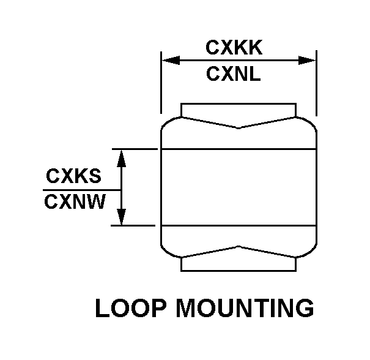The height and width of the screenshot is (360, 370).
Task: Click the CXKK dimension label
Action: (234, 47)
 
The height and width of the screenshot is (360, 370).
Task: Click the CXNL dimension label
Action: (234, 75)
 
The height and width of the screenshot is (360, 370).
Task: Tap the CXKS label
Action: (73, 176)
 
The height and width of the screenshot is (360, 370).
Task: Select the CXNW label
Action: (75, 202)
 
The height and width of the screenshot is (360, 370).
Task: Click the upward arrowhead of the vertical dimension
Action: (122, 156)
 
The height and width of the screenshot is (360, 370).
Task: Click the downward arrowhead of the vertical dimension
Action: (122, 217)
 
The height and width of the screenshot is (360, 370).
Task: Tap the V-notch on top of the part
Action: (238, 127)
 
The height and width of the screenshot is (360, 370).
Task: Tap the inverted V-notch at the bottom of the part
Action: (238, 247)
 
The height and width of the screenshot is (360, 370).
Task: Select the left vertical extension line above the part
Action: (161, 86)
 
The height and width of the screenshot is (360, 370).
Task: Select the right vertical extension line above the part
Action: (316, 86)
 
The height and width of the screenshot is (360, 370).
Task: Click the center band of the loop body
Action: (238, 187)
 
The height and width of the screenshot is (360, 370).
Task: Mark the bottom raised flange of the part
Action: (238, 263)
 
